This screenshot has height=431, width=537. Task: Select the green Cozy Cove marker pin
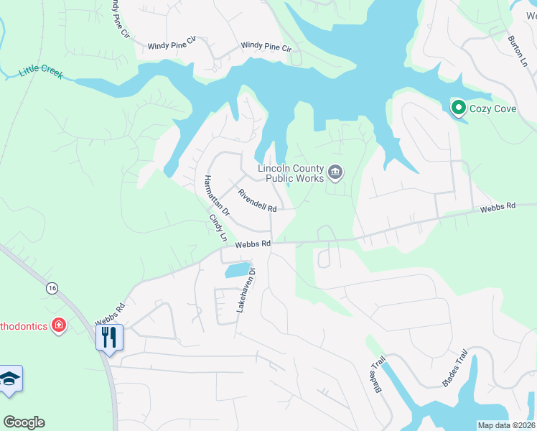pyautogui.click(x=457, y=108)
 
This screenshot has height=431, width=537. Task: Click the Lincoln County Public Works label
pyautogui.click(x=291, y=173)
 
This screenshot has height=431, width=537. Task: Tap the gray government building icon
pyautogui.click(x=335, y=172)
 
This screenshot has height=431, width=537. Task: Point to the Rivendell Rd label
pyautogui.click(x=257, y=200)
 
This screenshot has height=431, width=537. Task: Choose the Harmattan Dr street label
pyautogui.click(x=215, y=195)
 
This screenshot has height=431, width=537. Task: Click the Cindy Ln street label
pyautogui.click(x=218, y=227)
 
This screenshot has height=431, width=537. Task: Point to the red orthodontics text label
pyautogui.click(x=23, y=326)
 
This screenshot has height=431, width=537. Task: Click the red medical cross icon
pyautogui.click(x=59, y=326)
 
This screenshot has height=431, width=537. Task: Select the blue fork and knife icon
pyautogui.click(x=109, y=337)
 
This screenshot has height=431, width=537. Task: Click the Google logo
pyautogui.click(x=24, y=422)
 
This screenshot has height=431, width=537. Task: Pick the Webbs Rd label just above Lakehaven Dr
pyautogui.click(x=253, y=244)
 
